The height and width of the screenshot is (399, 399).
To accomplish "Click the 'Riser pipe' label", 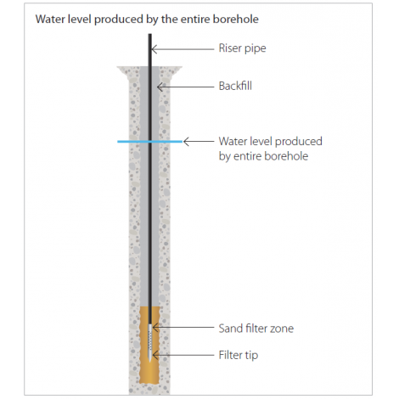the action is coord(242,48).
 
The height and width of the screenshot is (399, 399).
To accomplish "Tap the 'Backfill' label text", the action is coord(235,86).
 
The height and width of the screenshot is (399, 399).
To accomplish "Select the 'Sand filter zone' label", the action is coord(256,329).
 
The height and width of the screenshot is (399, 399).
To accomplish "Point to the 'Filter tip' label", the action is coord(239,355).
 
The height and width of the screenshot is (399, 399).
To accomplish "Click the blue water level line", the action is coord(149,141).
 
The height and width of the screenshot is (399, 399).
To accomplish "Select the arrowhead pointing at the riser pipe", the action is coord(155,49).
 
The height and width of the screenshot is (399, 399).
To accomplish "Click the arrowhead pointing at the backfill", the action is coord(160,87).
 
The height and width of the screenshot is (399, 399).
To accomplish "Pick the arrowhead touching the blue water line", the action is coord(186,141).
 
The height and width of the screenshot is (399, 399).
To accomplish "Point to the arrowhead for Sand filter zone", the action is coord(155,328).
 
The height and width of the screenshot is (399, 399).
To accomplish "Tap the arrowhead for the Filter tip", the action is coord(155,355).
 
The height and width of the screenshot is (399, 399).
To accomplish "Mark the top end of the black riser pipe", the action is coord(150,34).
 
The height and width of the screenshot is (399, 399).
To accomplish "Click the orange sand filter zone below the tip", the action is coord(149,374).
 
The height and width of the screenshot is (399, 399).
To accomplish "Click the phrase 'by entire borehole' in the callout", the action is coord(263,156).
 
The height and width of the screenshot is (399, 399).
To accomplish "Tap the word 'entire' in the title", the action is coord(195,20).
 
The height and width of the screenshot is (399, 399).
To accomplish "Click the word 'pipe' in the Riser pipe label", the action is coord(256,49).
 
